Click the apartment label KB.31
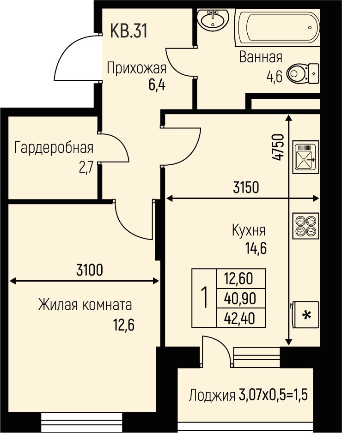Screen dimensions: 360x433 click(128, 30)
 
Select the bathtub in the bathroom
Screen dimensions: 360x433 click(277, 28)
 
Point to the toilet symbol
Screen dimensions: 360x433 click(303, 73)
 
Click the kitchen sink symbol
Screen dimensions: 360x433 click(306, 157)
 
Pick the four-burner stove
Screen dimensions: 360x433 click(306, 226)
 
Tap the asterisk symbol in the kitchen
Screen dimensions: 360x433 click(307, 315)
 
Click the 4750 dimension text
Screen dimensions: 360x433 click(278, 147)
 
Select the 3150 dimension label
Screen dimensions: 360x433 click(246, 187)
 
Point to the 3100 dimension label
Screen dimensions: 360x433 click(90, 270)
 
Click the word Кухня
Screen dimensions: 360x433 click(249, 230)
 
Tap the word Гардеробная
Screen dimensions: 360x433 click(54, 148)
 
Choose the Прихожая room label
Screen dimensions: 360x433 click(137, 68)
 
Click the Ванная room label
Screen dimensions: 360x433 click(261, 57)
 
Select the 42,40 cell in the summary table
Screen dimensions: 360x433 click(239, 319)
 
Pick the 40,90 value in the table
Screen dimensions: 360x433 click(240, 298)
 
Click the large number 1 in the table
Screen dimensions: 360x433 click(204, 297)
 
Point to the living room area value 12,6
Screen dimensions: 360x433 click(123, 325)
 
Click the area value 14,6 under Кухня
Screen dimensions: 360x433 click(256, 248)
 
